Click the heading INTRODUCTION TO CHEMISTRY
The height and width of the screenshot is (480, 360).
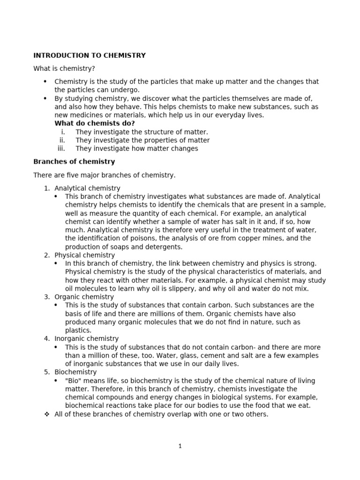(x=89, y=55)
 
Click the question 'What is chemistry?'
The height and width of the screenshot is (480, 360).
(x=64, y=68)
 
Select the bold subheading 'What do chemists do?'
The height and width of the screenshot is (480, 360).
(x=94, y=123)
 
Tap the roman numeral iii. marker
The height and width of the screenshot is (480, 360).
(x=60, y=149)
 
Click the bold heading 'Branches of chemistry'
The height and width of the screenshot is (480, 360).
(x=74, y=162)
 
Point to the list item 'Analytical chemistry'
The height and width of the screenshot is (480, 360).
(x=87, y=188)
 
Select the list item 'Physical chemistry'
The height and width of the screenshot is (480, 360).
(x=84, y=255)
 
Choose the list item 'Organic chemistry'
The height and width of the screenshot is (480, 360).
(x=84, y=297)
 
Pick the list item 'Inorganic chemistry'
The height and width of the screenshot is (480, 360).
(x=86, y=338)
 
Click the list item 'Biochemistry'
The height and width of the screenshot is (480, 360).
(x=75, y=372)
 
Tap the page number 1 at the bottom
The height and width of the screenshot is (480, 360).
(x=180, y=446)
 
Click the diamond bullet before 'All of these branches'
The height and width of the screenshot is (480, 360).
(x=46, y=414)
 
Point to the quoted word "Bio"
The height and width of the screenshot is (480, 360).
(x=73, y=381)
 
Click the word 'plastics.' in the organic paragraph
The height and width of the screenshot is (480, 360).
(x=78, y=330)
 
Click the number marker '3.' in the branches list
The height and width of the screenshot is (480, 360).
(x=47, y=297)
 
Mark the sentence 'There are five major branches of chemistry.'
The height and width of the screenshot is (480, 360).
(x=104, y=175)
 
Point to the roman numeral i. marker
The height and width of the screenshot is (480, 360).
(x=63, y=132)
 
